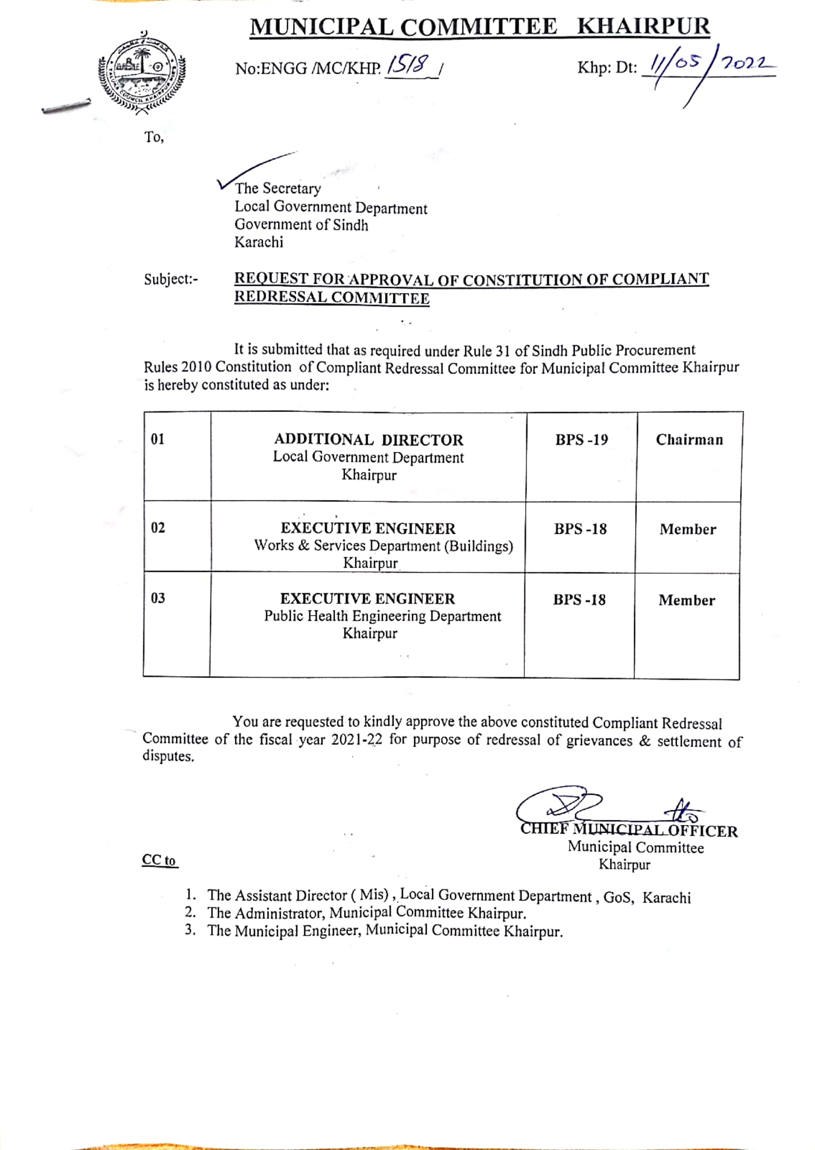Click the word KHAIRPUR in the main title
tap(643, 26)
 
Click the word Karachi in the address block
tap(258, 242)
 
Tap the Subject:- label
tap(171, 279)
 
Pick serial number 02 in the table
tap(158, 528)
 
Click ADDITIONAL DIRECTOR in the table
tap(369, 440)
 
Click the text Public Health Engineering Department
tap(382, 616)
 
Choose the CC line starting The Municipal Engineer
tap(385, 931)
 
